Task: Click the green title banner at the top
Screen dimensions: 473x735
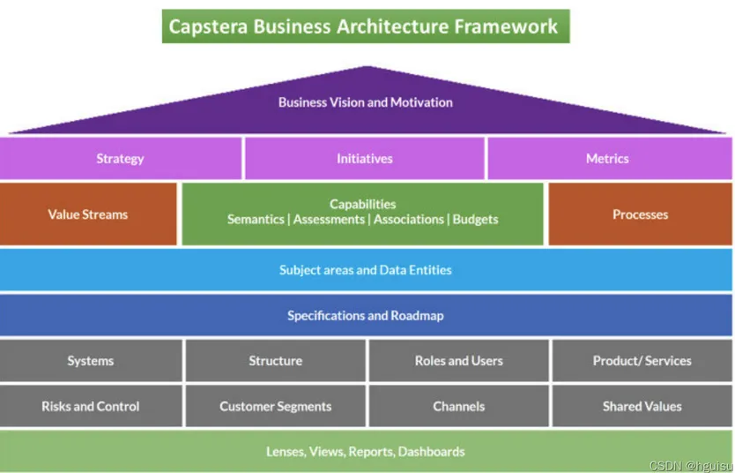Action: click(x=365, y=26)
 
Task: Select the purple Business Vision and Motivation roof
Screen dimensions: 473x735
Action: click(x=365, y=102)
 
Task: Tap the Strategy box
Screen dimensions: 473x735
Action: click(x=120, y=159)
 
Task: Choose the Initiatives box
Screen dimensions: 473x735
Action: click(x=364, y=159)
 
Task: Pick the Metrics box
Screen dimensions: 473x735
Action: click(x=607, y=159)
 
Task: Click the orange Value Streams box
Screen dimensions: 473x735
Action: click(x=87, y=214)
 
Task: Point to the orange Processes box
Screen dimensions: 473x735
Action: click(x=640, y=214)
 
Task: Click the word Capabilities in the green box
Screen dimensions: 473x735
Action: click(x=362, y=204)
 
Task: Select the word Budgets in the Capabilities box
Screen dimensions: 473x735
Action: click(x=475, y=220)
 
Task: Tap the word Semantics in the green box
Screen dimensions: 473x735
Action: click(x=256, y=220)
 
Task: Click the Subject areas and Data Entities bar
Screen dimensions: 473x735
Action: click(x=365, y=270)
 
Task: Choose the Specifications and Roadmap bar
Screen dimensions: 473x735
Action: click(x=365, y=315)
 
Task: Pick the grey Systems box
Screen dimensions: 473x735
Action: click(x=90, y=361)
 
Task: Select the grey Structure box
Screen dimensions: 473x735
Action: click(x=275, y=361)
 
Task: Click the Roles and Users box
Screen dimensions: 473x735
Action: click(x=458, y=361)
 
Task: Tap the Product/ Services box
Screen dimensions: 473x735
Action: click(x=642, y=361)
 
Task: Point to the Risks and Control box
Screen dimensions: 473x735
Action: click(x=90, y=407)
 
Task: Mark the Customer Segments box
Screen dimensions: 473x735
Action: click(x=275, y=407)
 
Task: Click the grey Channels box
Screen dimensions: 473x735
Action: click(x=458, y=407)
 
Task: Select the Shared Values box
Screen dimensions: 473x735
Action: click(x=642, y=407)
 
